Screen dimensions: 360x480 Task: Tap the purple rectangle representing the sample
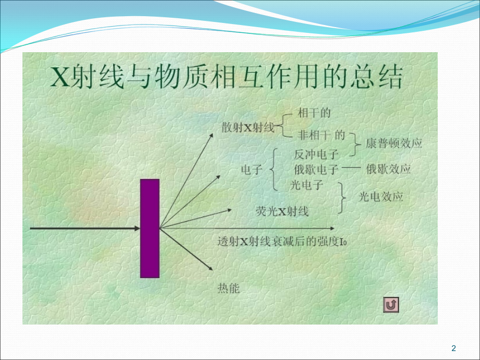150,228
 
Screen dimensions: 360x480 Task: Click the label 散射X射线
248,128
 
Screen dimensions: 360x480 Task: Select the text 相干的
314,113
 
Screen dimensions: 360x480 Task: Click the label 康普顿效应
393,143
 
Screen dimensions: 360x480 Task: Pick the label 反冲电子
316,154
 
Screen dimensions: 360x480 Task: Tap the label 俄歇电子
316,170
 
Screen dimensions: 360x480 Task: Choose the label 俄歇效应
388,169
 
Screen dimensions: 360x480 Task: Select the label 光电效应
381,197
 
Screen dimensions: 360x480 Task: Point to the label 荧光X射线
282,211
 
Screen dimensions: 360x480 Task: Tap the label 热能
228,288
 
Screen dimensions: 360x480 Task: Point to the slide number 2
453,349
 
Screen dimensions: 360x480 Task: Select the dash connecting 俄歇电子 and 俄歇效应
352,169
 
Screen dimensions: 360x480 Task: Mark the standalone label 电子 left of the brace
251,170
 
